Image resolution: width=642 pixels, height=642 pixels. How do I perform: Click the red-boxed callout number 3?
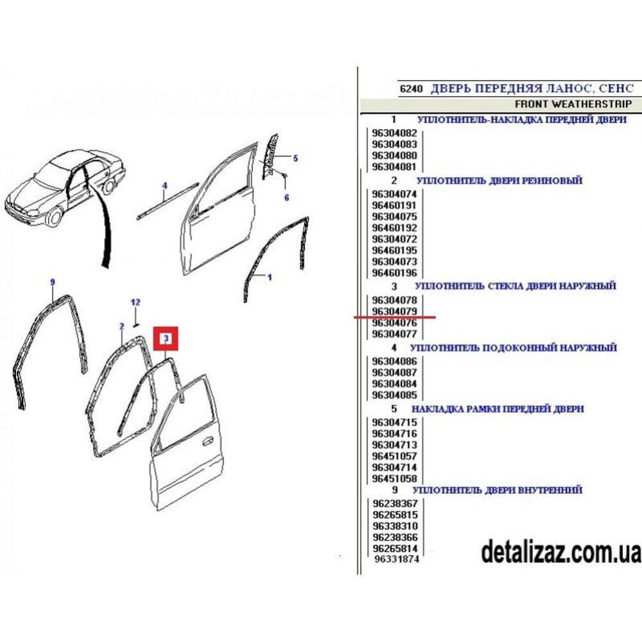pos(166,338)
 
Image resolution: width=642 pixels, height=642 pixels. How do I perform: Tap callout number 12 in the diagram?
pos(135,302)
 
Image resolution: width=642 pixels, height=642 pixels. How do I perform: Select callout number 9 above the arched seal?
pos(53,282)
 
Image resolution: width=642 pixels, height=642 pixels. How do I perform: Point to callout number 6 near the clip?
pos(286,197)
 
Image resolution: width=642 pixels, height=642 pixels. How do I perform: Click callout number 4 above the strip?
pos(164,186)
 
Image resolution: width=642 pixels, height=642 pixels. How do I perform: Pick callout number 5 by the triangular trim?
pos(295,158)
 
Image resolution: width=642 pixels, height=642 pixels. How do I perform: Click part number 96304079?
pos(394,311)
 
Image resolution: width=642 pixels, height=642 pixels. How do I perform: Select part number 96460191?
pos(394,205)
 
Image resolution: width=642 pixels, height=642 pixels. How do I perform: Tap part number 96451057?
pos(394,456)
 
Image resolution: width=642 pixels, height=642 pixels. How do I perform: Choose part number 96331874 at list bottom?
pos(397,559)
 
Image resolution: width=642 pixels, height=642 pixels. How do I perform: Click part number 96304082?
pos(394,133)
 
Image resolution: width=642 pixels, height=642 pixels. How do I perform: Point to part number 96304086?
pos(394,361)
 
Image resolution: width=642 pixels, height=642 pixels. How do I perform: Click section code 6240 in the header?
pos(412,89)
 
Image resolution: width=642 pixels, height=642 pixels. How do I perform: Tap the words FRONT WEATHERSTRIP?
pos(573,104)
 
